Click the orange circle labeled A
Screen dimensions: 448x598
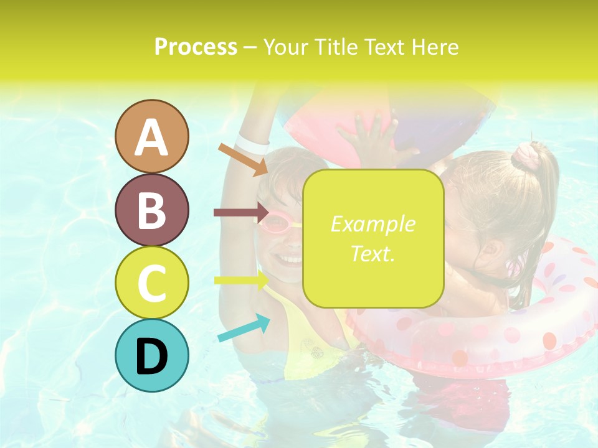tap(151, 136)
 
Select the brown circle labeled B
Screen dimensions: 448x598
tap(151, 210)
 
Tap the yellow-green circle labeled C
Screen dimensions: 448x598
tap(151, 282)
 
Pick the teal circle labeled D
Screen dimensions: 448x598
tap(151, 355)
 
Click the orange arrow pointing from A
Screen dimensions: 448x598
tap(242, 159)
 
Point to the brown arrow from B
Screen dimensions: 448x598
tap(240, 213)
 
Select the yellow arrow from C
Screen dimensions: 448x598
tap(240, 280)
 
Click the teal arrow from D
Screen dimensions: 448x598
tap(244, 328)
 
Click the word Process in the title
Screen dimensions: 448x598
tap(196, 47)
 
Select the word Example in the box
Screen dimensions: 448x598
tap(373, 224)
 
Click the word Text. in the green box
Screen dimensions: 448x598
tap(373, 253)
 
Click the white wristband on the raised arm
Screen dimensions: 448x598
tap(252, 144)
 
